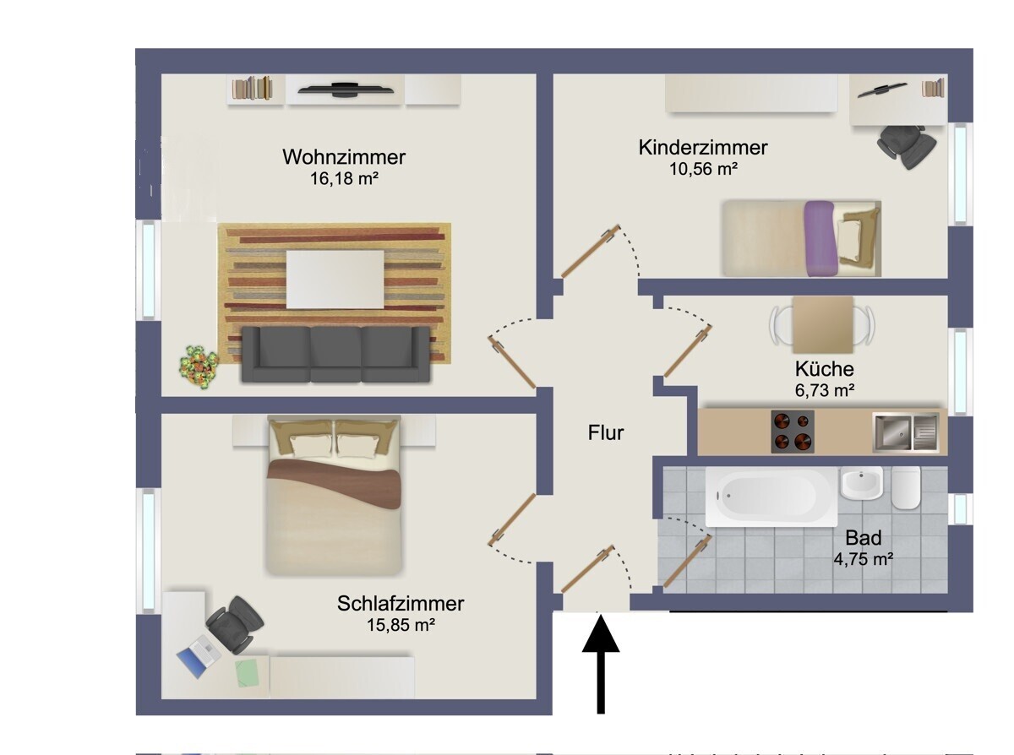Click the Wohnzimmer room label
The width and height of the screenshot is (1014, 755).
point(344,157)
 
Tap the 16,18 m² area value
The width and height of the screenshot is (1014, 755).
point(344,178)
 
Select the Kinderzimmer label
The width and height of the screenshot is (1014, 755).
point(703,148)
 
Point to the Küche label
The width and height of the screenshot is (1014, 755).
point(824,369)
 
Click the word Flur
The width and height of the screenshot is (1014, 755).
point(606,433)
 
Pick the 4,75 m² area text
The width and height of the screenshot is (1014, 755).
point(864,559)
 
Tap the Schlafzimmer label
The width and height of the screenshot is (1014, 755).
point(401,604)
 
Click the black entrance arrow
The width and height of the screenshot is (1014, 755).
point(601,663)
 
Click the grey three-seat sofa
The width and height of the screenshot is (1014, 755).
point(335,353)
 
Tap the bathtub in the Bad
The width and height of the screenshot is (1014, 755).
point(771,497)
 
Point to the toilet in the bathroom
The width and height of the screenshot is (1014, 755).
point(906,488)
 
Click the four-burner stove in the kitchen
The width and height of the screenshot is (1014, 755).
point(793,432)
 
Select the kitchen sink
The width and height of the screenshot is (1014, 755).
point(905,431)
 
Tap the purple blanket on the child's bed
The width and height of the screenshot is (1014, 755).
point(820,238)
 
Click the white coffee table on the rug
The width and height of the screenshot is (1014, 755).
point(335,279)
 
